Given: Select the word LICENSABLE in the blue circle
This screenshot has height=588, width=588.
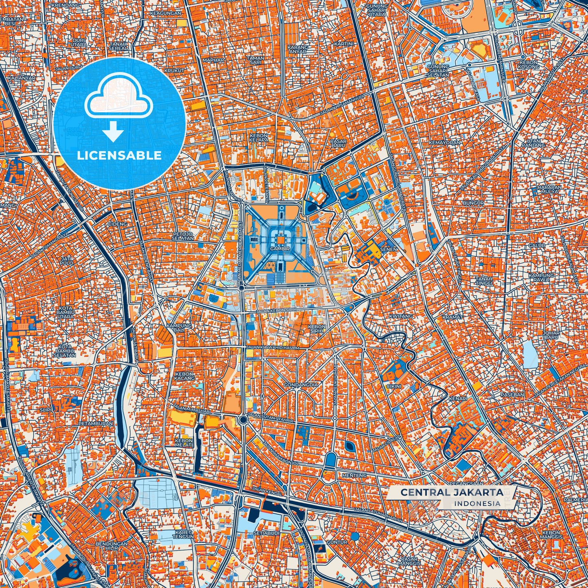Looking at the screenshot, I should tap(119, 155).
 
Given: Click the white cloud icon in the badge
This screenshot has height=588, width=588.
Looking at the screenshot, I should tap(118, 98).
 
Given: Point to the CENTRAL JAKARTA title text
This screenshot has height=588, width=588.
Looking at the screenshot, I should tap(452, 492).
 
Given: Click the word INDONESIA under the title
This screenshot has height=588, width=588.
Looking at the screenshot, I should tap(477, 503).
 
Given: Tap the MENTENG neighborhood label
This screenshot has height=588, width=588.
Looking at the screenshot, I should tap(354, 475).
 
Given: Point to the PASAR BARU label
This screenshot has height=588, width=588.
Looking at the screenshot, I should tap(338, 143).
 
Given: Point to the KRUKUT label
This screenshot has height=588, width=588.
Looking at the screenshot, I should tap(174, 70).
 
